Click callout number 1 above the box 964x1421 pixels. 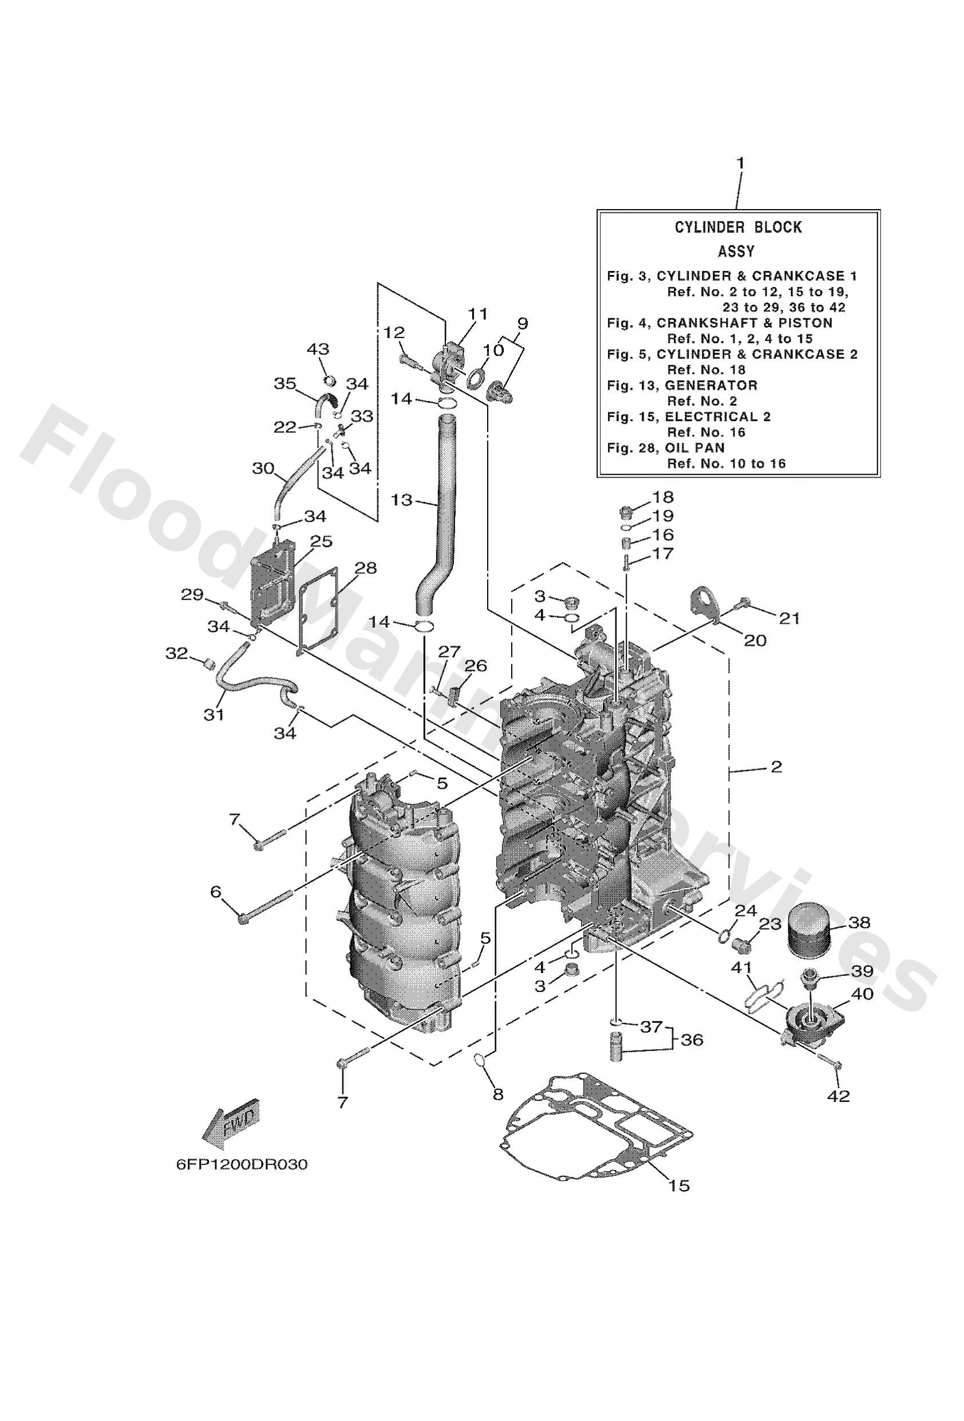[740, 163]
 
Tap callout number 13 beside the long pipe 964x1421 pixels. [402, 500]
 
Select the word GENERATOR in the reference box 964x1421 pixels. [706, 385]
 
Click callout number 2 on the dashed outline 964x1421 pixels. [776, 767]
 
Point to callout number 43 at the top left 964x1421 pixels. [318, 349]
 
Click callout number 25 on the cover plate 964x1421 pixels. [321, 541]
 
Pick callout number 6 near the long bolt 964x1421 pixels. [216, 892]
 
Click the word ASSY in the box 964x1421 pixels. [736, 251]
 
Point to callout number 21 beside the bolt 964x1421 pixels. [789, 618]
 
